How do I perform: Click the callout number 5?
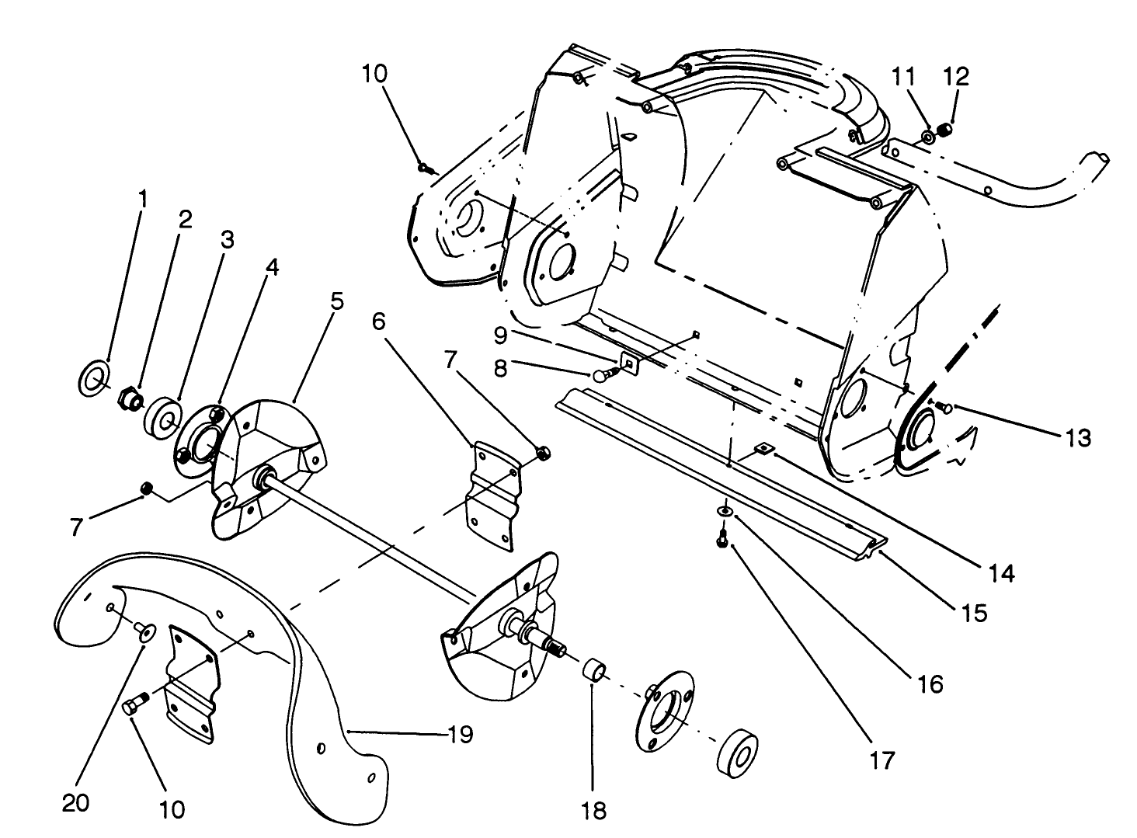click(336, 301)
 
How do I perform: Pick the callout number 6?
click(378, 321)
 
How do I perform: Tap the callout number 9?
click(501, 335)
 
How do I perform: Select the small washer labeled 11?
click(928, 137)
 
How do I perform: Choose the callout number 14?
click(1001, 573)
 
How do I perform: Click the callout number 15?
click(973, 613)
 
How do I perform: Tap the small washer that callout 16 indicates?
click(724, 511)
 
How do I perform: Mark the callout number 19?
click(461, 734)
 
